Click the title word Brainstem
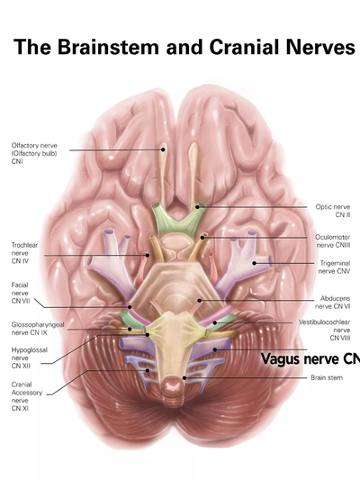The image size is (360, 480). coord(108,48)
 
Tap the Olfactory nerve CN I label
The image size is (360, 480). coord(34,153)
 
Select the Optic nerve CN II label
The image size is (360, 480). coord(333,211)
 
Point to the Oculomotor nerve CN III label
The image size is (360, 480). coord(333,241)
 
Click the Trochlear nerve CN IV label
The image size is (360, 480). coord(24,253)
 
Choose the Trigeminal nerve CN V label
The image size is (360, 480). coord(334,267)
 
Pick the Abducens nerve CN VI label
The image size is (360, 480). coord(333,303)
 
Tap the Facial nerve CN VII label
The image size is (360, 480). coord(21,293)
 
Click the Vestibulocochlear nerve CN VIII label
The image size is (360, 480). coord(325,330)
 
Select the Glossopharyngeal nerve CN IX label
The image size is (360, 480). coord(38,329)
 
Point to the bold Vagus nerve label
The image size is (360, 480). coord(310,358)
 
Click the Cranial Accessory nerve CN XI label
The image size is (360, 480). coord(27,396)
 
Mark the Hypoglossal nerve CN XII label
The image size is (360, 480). coord(30,358)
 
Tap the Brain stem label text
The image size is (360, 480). coord(327,377)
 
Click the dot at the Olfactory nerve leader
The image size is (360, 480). coord(163,149)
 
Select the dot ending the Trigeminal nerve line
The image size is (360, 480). coord(254,263)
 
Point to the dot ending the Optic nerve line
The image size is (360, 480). coord(197,207)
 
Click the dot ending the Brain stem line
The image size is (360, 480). coord(184,377)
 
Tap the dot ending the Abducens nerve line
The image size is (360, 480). coord(200,300)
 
